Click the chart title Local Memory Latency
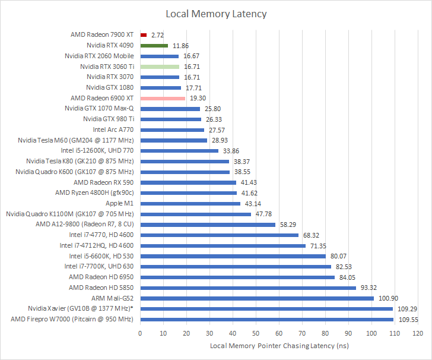[216, 14]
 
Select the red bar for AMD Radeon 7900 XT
[143, 35]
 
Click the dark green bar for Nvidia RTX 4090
[154, 45]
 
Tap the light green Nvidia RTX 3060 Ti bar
[159, 67]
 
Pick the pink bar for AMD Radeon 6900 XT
[162, 98]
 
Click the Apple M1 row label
[119, 203]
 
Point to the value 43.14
[252, 203]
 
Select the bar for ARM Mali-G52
[256, 298]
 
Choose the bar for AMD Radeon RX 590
[188, 182]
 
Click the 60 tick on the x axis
[278, 334]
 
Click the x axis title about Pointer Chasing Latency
[278, 346]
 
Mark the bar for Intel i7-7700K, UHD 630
[235, 267]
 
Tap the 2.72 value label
[158, 35]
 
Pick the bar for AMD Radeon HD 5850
[247, 288]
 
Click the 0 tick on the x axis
[140, 334]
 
